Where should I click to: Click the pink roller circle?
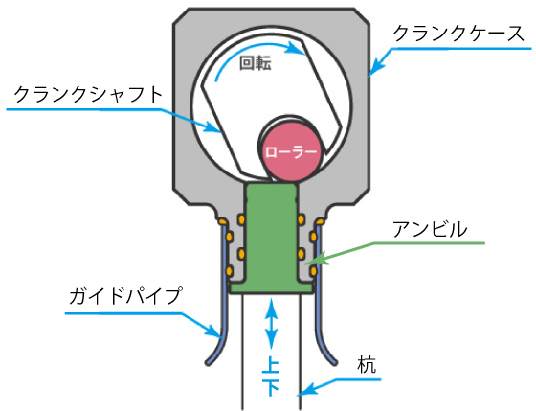pos(290,152)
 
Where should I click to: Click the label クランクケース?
pos(458,34)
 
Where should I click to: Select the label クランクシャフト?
pos(88,94)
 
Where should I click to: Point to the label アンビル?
pos(430,229)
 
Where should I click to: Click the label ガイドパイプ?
pos(124,296)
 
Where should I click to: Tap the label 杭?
pos(367,364)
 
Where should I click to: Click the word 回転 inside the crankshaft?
pos(256,63)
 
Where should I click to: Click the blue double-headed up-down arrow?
pos(272,323)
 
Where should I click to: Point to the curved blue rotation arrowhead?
pos(296,48)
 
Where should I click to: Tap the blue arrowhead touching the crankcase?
pos(375,67)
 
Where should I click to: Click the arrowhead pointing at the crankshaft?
pos(214,126)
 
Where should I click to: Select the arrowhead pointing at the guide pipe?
pos(214,331)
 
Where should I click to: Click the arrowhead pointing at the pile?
pos(306,390)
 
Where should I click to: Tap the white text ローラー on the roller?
pos(291,152)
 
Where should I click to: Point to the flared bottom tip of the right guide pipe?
pos(334,362)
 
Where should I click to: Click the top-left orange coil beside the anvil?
pos(241,219)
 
